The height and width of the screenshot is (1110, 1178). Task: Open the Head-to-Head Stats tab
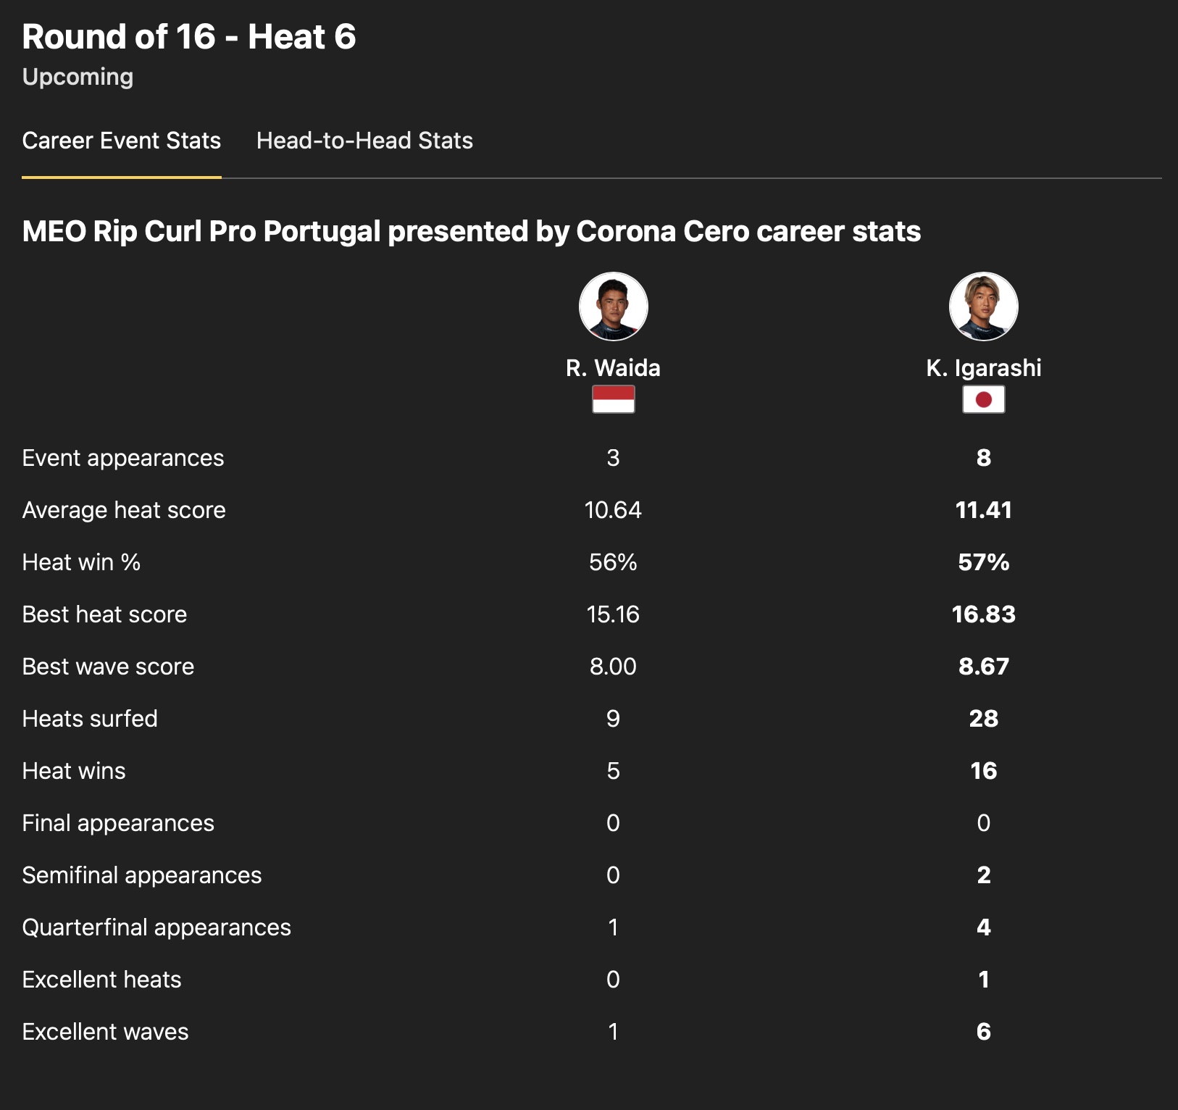[x=364, y=141]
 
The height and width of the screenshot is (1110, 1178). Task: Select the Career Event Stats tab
[x=122, y=141]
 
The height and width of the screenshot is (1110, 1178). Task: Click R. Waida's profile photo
[x=613, y=306]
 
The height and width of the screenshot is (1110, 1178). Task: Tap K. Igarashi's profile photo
[x=983, y=306]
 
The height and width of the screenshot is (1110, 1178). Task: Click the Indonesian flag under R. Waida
[x=613, y=399]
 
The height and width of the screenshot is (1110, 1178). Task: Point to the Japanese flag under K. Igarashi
[x=983, y=399]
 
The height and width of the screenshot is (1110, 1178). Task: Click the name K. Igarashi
[x=983, y=368]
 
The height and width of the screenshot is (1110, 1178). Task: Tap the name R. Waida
[x=613, y=368]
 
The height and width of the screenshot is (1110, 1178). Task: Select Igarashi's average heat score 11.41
[x=983, y=510]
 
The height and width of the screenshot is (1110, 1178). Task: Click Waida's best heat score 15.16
[x=613, y=614]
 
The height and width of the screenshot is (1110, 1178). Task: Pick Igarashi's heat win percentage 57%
[x=983, y=562]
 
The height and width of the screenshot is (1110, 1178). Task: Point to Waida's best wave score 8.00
[x=613, y=667]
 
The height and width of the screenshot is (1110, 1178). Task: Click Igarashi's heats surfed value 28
[x=983, y=719]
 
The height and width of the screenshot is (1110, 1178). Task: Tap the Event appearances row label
[x=123, y=458]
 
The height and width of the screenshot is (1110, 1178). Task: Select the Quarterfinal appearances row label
[x=156, y=927]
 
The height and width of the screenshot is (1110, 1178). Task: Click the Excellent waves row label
[x=106, y=1032]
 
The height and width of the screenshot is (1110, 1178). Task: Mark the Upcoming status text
[x=78, y=77]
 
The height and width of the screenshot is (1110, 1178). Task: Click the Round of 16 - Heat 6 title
[x=189, y=37]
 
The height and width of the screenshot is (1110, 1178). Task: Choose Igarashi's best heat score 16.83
[x=983, y=614]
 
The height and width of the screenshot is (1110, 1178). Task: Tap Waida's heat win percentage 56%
[x=613, y=562]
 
